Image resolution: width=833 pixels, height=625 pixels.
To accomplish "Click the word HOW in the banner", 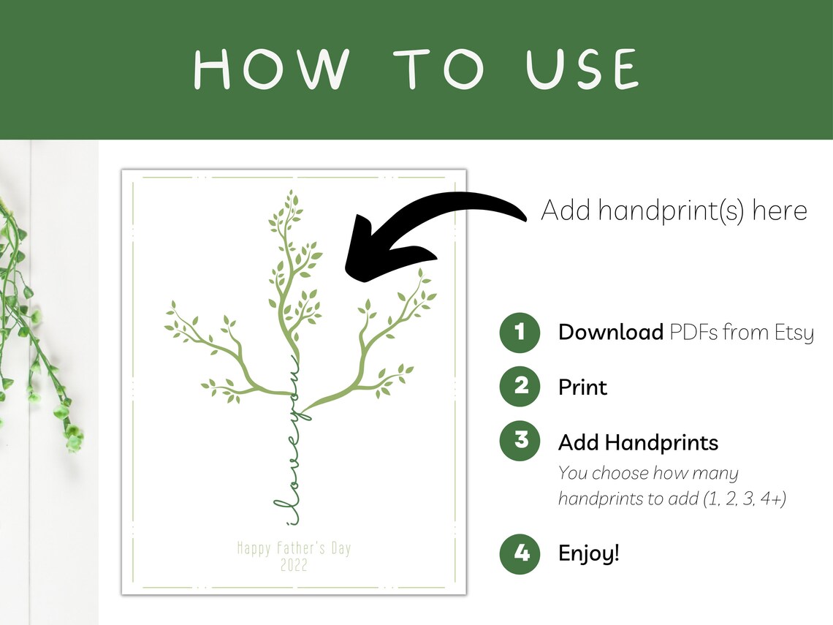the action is pos(272,69).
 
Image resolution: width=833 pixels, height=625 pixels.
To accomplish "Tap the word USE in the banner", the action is pos(582,69).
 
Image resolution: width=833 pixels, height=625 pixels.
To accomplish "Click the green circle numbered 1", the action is pos(520,332).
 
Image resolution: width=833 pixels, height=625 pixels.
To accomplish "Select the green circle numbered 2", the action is pos(520,387).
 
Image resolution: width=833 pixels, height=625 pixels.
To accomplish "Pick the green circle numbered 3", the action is pos(520,441).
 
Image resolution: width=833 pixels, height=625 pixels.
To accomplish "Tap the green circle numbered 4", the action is pos(520,554).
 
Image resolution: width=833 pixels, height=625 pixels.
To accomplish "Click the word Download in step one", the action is pos(610,332).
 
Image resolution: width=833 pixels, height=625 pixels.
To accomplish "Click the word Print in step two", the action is pos(582,387).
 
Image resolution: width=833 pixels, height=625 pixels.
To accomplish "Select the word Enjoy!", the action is pos(589,553).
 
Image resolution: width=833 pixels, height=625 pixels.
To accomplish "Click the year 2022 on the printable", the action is pos(294,565).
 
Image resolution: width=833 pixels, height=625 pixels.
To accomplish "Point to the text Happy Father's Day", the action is pos(294,548).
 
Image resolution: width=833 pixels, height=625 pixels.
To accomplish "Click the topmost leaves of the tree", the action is pos(290,205).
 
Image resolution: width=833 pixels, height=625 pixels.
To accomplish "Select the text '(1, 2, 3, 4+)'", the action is pos(745,499).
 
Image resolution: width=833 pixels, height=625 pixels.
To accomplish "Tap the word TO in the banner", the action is pos(438,69).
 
